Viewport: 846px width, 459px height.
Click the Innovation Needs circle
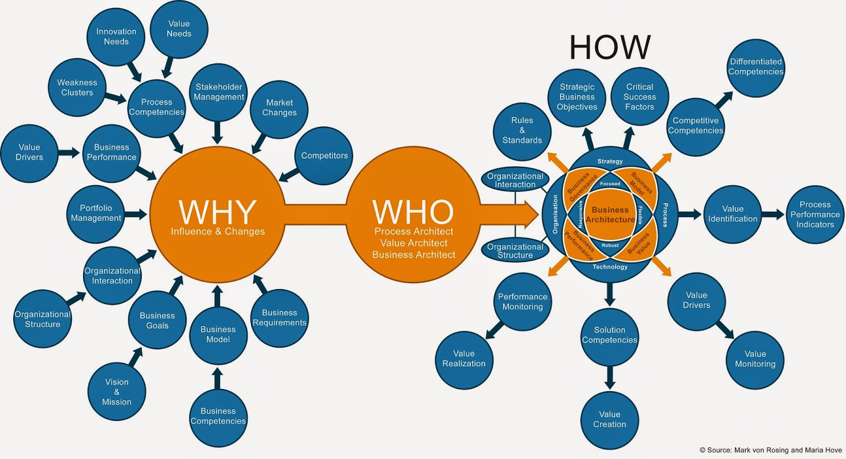(116, 37)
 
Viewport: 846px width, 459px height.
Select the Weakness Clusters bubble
(77, 88)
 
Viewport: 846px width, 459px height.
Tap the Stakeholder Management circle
(219, 92)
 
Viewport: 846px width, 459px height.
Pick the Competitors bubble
(324, 156)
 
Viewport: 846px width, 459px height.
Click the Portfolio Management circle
(96, 213)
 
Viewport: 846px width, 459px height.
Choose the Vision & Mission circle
(116, 392)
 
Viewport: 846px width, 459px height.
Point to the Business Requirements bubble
(279, 318)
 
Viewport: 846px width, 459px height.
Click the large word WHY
(217, 212)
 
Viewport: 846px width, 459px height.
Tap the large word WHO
(413, 212)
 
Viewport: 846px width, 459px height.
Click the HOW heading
(610, 47)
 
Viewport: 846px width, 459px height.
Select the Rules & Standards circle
(522, 131)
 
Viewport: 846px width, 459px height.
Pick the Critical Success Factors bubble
(640, 97)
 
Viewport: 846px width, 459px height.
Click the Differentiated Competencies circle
(756, 67)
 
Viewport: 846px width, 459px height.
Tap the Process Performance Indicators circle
(815, 214)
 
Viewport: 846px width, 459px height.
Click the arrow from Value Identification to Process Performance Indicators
(773, 214)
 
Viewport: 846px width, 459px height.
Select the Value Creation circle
(610, 419)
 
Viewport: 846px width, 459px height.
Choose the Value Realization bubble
(464, 359)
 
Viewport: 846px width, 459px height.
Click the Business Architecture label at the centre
(610, 215)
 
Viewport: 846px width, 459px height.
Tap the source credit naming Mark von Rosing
(770, 450)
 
